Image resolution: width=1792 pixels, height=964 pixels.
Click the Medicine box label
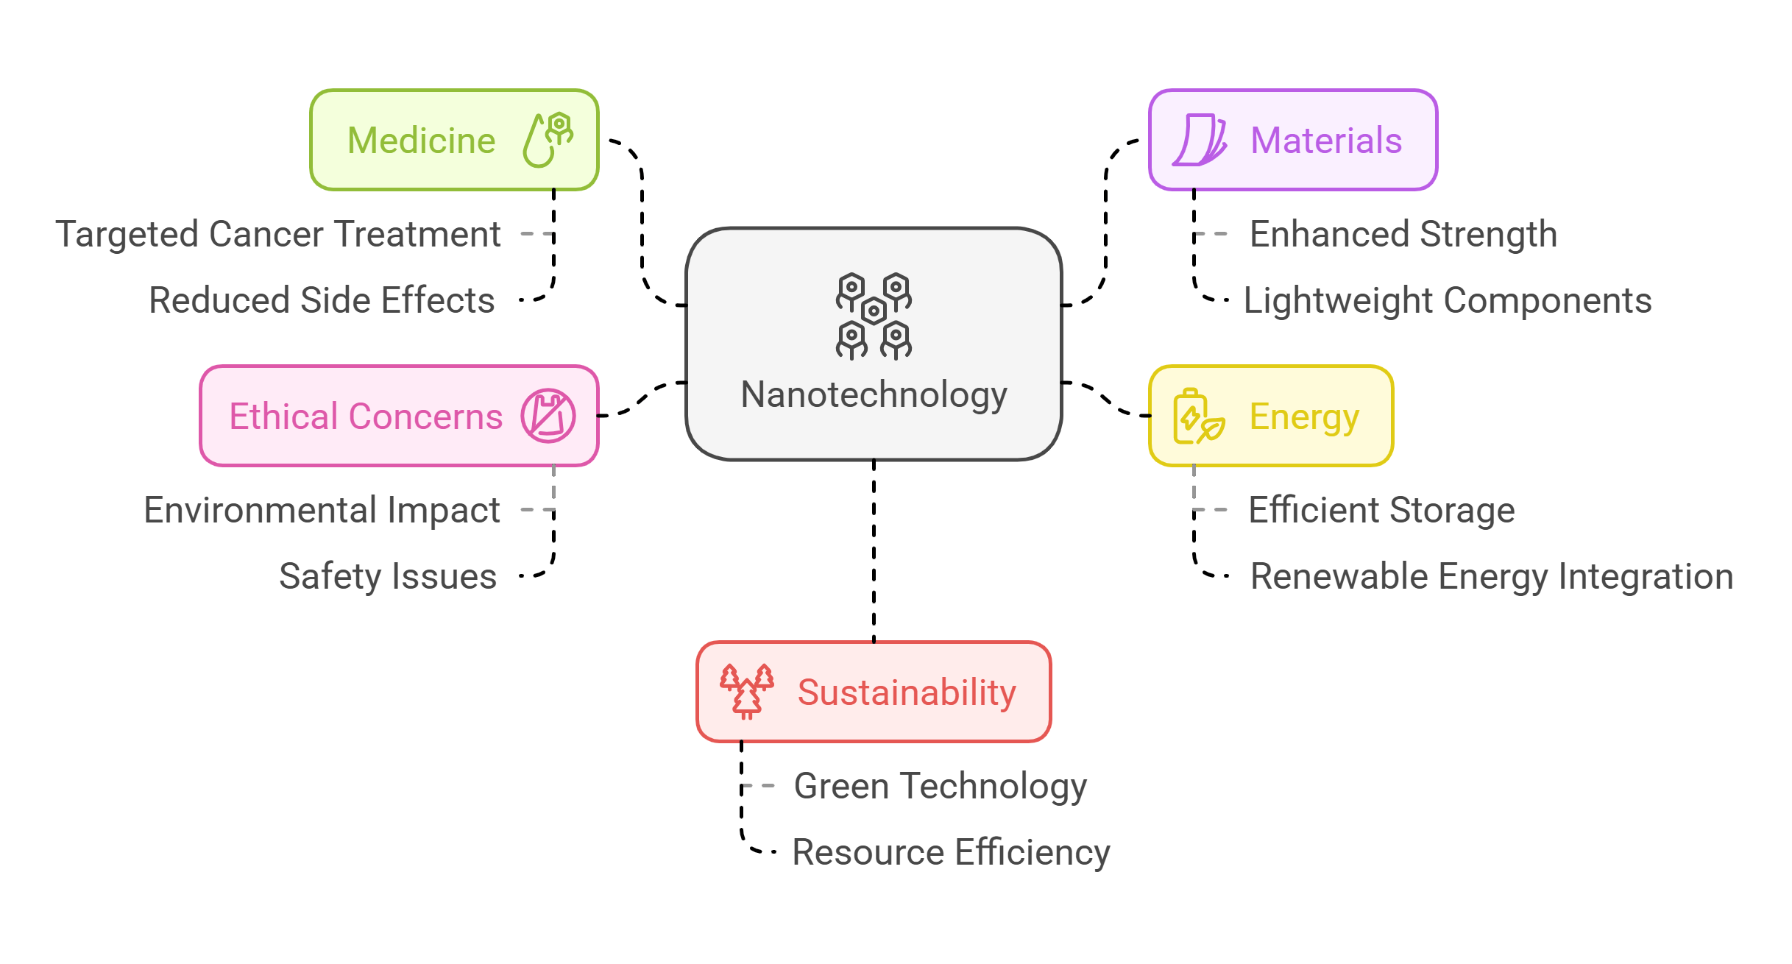pos(421,141)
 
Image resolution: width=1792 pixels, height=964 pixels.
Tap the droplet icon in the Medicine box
pos(547,140)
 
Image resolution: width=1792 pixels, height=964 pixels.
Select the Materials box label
pos(1325,141)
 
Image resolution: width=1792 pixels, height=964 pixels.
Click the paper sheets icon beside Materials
pos(1199,140)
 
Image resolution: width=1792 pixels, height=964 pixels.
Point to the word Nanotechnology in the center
pos(874,394)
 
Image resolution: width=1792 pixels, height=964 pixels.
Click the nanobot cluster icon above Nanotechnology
pos(874,316)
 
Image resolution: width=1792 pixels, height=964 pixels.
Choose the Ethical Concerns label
pos(366,417)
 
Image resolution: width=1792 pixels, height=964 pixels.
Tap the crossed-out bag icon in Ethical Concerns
pos(548,416)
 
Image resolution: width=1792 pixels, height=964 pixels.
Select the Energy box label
pos(1303,417)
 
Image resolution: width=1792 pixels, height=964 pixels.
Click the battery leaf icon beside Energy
pos(1197,417)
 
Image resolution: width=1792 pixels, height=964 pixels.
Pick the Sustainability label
pos(906,692)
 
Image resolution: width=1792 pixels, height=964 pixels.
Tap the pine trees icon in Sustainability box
pos(746,691)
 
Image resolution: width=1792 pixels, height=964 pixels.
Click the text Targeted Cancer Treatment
pos(278,234)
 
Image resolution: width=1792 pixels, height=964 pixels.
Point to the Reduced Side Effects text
pos(322,300)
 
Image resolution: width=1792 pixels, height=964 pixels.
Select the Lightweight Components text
pos(1447,300)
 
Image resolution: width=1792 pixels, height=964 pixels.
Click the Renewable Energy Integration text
pos(1491,576)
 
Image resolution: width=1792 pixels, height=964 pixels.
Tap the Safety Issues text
pos(388,576)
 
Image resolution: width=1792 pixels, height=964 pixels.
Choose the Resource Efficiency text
pos(950,852)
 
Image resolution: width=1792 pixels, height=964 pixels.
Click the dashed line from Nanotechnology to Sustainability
pos(874,552)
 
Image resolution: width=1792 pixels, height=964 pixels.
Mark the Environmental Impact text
pos(322,510)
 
